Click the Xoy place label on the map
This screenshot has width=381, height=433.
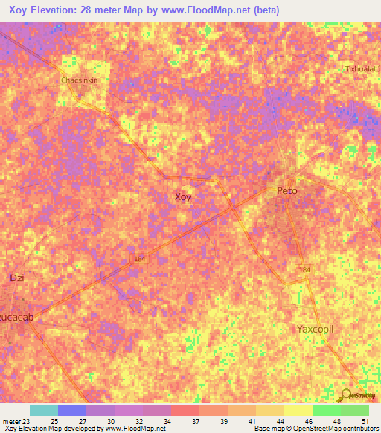[182, 197]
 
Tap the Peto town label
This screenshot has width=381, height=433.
[287, 191]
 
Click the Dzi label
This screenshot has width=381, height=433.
[17, 278]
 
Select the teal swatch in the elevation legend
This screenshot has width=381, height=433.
[44, 410]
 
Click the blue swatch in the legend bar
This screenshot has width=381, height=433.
[72, 410]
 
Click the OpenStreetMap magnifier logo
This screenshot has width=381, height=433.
[346, 395]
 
